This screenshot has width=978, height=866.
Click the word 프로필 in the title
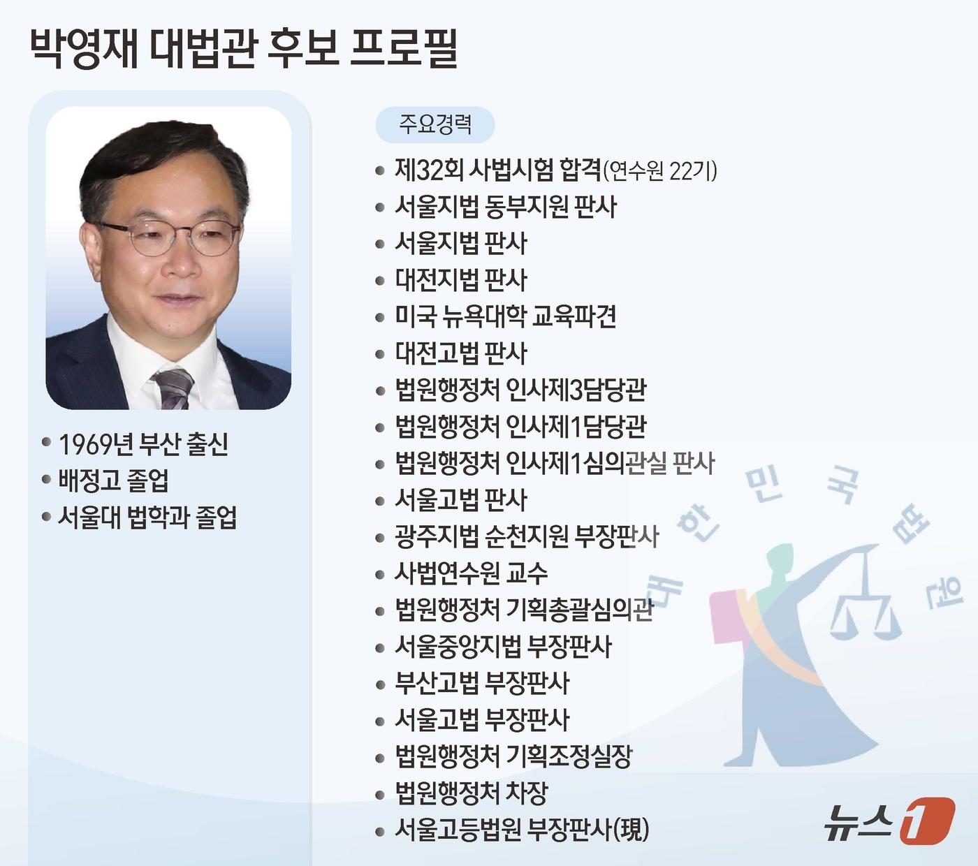tap(403, 48)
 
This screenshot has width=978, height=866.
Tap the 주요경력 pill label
tap(435, 124)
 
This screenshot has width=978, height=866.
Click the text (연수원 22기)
tap(659, 171)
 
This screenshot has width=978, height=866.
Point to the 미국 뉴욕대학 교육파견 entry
tap(505, 316)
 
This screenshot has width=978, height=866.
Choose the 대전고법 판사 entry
tap(460, 353)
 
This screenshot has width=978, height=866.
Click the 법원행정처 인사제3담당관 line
tap(520, 390)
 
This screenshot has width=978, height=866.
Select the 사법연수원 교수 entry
tap(471, 573)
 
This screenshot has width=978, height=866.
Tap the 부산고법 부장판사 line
tap(482, 683)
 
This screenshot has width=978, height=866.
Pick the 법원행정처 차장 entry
tap(471, 793)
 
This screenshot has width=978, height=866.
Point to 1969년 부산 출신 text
tap(143, 444)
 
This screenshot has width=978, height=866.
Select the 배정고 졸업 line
tap(113, 480)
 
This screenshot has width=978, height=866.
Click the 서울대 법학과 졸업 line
tap(147, 518)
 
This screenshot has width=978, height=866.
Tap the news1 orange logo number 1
tap(926, 821)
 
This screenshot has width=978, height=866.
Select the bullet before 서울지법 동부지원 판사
tap(380, 207)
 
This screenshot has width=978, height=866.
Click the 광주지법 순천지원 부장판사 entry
tap(527, 536)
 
